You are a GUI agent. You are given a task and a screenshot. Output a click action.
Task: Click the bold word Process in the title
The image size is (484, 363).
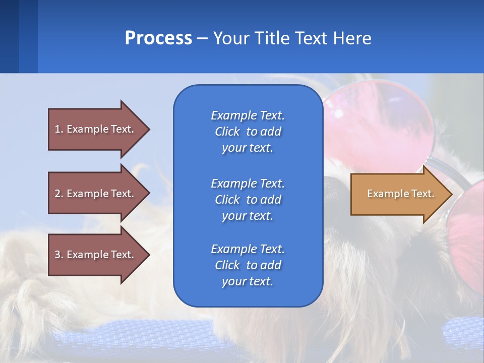pyautogui.click(x=158, y=38)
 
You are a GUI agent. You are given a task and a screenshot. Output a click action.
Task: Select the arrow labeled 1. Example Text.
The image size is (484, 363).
pyautogui.click(x=96, y=129)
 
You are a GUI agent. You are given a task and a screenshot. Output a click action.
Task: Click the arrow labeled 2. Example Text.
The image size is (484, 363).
pyautogui.click(x=96, y=194)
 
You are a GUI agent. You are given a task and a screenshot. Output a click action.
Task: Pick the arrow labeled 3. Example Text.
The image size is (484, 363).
pyautogui.click(x=96, y=255)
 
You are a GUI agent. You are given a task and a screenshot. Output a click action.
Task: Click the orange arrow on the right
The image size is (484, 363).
pyautogui.click(x=398, y=194)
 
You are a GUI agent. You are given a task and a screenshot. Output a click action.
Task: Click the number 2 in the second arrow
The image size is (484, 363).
pyautogui.click(x=57, y=194)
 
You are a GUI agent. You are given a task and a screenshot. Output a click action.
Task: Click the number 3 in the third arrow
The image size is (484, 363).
pyautogui.click(x=57, y=255)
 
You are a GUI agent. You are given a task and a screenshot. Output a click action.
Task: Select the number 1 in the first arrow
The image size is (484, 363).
pyautogui.click(x=57, y=129)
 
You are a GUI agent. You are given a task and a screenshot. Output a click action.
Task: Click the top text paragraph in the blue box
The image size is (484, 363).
pyautogui.click(x=248, y=132)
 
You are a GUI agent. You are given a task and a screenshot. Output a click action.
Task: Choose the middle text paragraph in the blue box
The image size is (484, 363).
pyautogui.click(x=248, y=200)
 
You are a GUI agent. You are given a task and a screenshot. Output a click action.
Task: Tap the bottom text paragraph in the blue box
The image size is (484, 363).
pyautogui.click(x=248, y=265)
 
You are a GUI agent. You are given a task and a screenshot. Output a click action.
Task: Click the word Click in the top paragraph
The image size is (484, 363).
pyautogui.click(x=227, y=132)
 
